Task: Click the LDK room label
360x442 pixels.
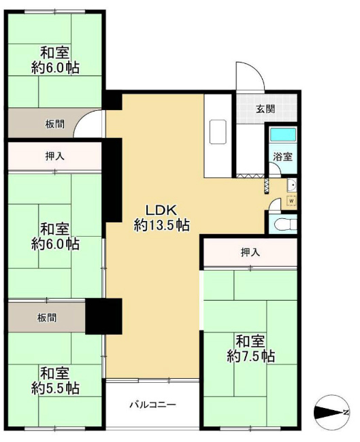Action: coord(161,209)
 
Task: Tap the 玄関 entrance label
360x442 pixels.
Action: coord(265,109)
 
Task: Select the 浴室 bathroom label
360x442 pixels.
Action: coord(282,156)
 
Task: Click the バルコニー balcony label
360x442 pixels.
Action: coord(152,405)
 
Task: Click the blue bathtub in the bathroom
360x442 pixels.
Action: coord(283,135)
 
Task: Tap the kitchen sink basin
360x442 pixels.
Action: coord(218,132)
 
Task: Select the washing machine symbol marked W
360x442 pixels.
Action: coord(292,201)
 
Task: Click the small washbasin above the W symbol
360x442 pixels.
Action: coord(292,186)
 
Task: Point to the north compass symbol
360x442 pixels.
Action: coord(331,412)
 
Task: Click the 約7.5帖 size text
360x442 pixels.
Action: coord(251,356)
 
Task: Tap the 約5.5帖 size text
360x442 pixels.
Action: coord(55,388)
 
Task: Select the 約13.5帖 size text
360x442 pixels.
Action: coord(161,225)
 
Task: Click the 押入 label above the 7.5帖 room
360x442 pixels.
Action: coord(250,252)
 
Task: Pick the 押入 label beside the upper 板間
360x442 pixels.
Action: coord(55,156)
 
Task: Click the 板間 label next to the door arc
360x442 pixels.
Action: coord(55,124)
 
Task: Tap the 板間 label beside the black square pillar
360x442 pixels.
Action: coord(47,318)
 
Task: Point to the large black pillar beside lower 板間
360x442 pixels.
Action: coord(103,316)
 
